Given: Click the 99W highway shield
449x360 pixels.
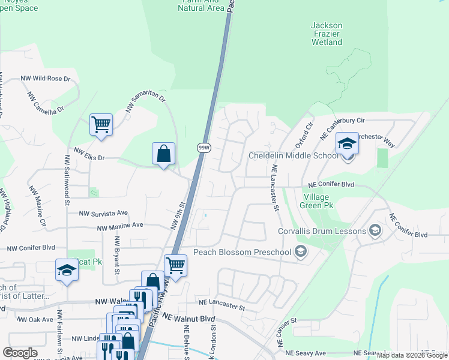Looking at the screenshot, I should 203,148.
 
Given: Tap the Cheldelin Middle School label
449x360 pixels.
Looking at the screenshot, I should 294,156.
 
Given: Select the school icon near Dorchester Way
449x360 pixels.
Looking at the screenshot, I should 347,145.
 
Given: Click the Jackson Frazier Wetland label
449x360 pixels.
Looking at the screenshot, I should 327,34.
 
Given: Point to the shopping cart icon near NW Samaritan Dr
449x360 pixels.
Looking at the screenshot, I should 101,125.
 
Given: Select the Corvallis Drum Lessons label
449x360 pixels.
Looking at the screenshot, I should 322,232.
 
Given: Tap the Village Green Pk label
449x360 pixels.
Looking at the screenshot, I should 318,200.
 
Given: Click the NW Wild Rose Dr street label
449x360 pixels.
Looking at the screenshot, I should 45,79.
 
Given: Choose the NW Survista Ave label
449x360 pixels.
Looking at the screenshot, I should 104,213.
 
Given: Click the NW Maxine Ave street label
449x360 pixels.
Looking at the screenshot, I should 120,226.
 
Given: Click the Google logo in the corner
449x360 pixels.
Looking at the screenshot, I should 20,353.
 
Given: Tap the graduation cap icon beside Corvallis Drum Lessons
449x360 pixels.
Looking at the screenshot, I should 375,231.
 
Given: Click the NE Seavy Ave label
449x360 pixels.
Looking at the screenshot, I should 306,353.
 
